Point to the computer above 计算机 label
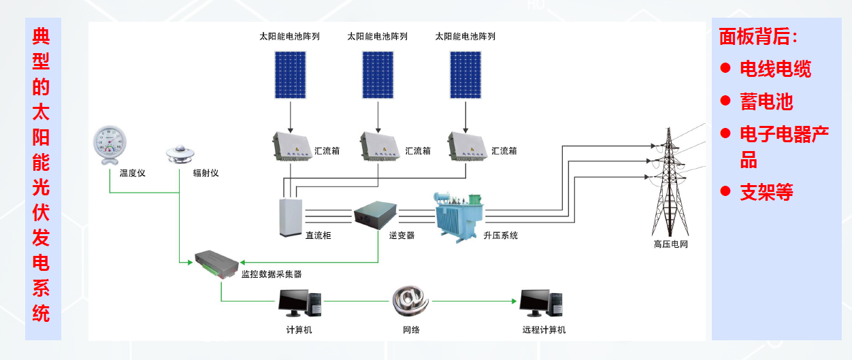click(x=300, y=304)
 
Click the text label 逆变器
click(x=402, y=235)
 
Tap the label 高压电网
click(x=670, y=244)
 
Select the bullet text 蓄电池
click(x=766, y=102)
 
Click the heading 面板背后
click(x=758, y=37)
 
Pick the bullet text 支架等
click(x=766, y=192)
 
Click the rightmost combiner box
click(x=468, y=148)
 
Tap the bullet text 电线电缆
click(x=775, y=69)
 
